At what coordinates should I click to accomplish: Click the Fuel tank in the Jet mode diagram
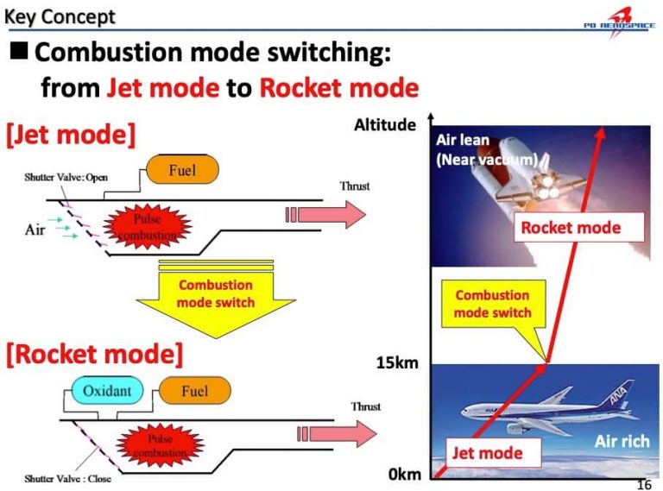[x=182, y=170]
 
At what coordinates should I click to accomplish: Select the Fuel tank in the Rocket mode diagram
[x=194, y=392]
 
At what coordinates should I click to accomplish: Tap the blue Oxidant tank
[x=107, y=392]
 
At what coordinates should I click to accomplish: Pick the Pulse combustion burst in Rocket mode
[x=160, y=445]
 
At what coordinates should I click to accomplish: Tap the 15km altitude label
[x=398, y=363]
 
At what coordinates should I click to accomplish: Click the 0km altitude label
[x=404, y=474]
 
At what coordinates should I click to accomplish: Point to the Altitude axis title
[x=385, y=126]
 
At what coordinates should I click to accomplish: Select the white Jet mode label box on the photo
[x=487, y=452]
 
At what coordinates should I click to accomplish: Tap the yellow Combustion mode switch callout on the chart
[x=492, y=304]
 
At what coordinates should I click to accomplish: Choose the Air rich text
[x=621, y=442]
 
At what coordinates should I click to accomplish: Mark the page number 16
[x=643, y=484]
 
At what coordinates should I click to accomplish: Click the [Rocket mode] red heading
[x=95, y=355]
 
